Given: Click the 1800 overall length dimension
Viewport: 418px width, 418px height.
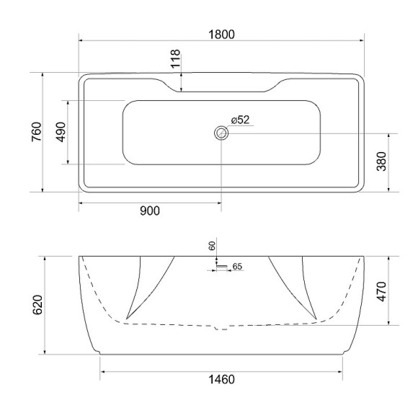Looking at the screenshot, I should click(x=221, y=34).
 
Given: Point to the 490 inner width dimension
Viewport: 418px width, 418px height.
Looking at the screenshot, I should click(x=60, y=133).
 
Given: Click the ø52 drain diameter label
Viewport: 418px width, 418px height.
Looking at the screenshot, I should click(x=240, y=120).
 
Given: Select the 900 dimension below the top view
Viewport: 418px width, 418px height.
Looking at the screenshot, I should click(x=149, y=210).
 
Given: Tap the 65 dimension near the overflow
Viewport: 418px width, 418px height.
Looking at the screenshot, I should click(x=238, y=267).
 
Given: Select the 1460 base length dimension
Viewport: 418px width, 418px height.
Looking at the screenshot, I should click(x=221, y=380).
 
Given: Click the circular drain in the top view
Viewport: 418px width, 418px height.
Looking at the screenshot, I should click(x=221, y=133).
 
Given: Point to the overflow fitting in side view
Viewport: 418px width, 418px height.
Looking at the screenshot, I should click(x=221, y=267).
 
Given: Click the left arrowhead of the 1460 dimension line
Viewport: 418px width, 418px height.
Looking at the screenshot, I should click(x=102, y=371).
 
